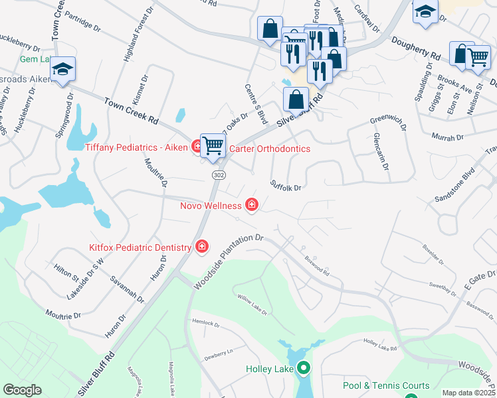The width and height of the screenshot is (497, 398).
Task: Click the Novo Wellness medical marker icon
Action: click(x=251, y=205)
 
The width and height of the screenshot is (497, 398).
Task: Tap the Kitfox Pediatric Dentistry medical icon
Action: click(x=201, y=247)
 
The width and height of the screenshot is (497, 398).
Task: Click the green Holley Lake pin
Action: click(x=304, y=367)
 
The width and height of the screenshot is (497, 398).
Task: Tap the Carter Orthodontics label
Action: click(x=269, y=149)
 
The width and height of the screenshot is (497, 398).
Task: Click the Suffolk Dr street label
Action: click(x=286, y=186)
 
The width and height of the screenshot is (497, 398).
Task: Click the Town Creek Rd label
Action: click(x=132, y=110)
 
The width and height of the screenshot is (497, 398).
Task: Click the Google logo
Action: click(x=22, y=390)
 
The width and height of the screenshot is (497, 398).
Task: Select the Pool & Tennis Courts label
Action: click(x=386, y=385)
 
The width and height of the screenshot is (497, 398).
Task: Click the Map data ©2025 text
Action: click(x=468, y=393)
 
